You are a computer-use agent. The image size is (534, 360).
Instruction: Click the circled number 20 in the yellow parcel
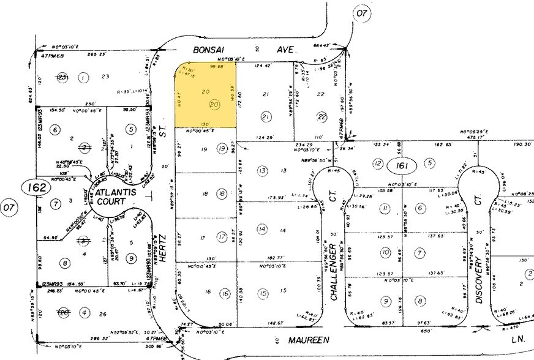214,105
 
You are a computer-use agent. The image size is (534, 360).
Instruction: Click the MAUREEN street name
312,339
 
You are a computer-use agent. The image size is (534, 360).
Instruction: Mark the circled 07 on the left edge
9,209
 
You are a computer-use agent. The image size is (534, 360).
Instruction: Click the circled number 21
266,117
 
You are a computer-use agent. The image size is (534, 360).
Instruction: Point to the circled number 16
225,294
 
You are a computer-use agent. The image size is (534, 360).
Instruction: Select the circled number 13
261,171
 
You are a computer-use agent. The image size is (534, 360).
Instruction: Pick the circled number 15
263,294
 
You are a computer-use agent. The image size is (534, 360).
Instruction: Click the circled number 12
378,163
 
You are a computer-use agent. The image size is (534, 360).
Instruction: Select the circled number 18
221,194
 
